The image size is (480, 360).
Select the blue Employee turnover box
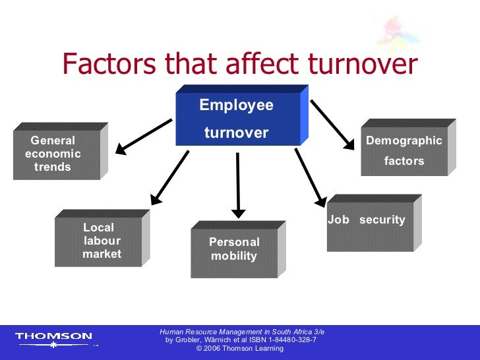[x=237, y=119]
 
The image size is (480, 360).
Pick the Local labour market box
[x=98, y=241]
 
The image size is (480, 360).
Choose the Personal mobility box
[x=234, y=251]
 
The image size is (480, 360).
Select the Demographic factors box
[x=404, y=151]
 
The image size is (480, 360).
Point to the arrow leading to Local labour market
[x=169, y=177]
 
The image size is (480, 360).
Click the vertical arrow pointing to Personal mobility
[x=238, y=184]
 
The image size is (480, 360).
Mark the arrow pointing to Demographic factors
[x=332, y=123]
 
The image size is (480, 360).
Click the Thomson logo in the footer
[x=53, y=337]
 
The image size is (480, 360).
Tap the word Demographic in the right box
[x=404, y=140]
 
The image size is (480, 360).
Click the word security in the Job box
[x=382, y=220]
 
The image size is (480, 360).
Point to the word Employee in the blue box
[x=236, y=105]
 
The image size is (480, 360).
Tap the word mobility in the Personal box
[x=234, y=256]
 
